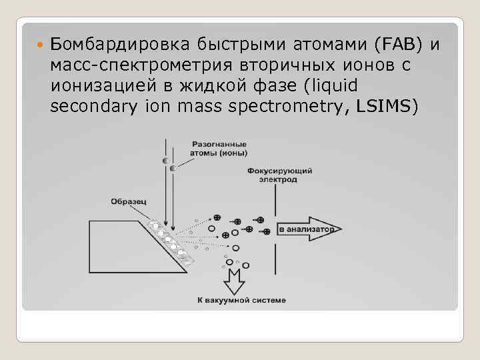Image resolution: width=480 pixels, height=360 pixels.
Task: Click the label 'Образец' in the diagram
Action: click(x=125, y=201)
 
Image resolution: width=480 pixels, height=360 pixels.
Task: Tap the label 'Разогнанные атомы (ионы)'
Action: click(x=219, y=148)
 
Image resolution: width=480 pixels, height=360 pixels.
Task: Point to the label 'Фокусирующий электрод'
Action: click(x=279, y=175)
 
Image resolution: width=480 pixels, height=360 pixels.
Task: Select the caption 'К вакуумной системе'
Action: click(x=242, y=300)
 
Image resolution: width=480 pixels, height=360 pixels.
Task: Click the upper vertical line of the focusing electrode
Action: click(x=274, y=200)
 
